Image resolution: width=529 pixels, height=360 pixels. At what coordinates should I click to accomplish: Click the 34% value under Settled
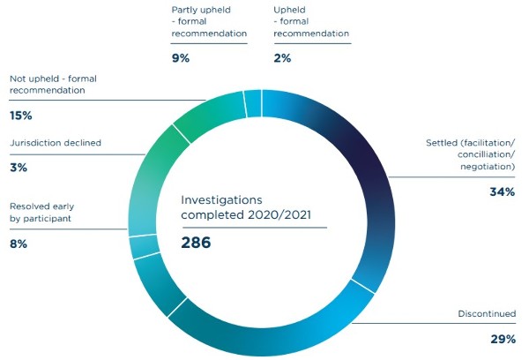(x=502, y=191)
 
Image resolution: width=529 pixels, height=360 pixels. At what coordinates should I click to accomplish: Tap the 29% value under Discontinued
(x=503, y=338)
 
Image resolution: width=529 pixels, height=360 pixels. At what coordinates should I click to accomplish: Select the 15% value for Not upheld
(x=21, y=116)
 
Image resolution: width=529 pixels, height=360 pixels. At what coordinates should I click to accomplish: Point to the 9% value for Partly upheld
(x=181, y=59)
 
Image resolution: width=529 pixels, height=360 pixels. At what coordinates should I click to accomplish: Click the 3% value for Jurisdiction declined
(x=18, y=167)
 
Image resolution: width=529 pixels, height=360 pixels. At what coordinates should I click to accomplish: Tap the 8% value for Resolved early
(x=19, y=243)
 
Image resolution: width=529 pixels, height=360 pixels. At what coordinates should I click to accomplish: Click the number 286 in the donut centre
(x=196, y=242)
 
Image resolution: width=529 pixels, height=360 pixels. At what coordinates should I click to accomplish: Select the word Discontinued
(x=487, y=313)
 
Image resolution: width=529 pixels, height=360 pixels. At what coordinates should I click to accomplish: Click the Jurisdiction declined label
(x=56, y=142)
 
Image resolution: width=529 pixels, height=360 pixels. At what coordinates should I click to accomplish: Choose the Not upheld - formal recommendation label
(x=53, y=84)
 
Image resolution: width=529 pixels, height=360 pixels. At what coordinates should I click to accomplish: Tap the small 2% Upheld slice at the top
(x=252, y=103)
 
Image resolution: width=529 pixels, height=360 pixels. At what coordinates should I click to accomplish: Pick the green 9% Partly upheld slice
(x=208, y=113)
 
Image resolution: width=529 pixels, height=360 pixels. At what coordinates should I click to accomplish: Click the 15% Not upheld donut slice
(x=154, y=159)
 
